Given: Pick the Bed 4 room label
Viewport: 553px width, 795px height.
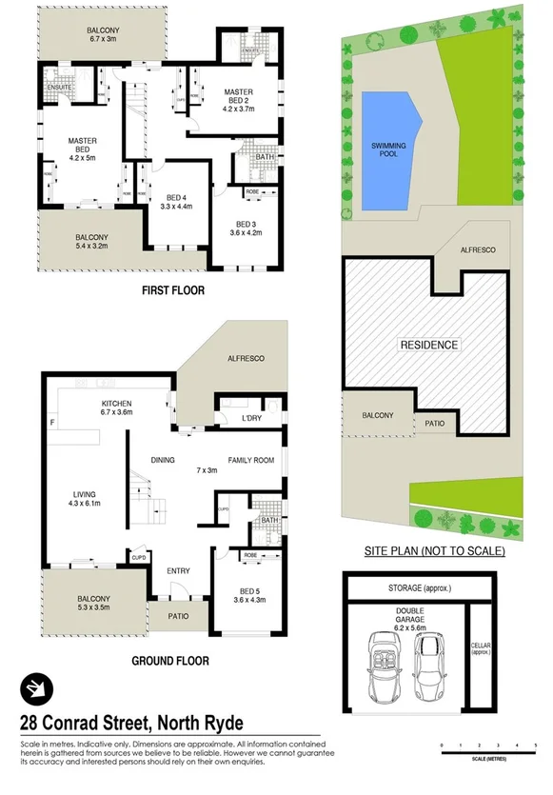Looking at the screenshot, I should [175, 195].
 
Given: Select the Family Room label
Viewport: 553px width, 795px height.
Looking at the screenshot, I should [250, 461].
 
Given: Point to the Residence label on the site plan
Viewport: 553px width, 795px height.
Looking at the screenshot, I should [428, 345].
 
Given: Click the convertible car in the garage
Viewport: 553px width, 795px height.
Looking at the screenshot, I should [387, 663].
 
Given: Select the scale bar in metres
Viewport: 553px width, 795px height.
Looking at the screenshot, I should [488, 748].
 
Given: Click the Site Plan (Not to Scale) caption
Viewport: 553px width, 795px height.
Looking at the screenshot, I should [435, 551].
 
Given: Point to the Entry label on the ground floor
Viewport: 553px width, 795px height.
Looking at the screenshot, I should [178, 571].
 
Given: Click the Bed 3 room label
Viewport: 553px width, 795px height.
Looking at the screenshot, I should [246, 229].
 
